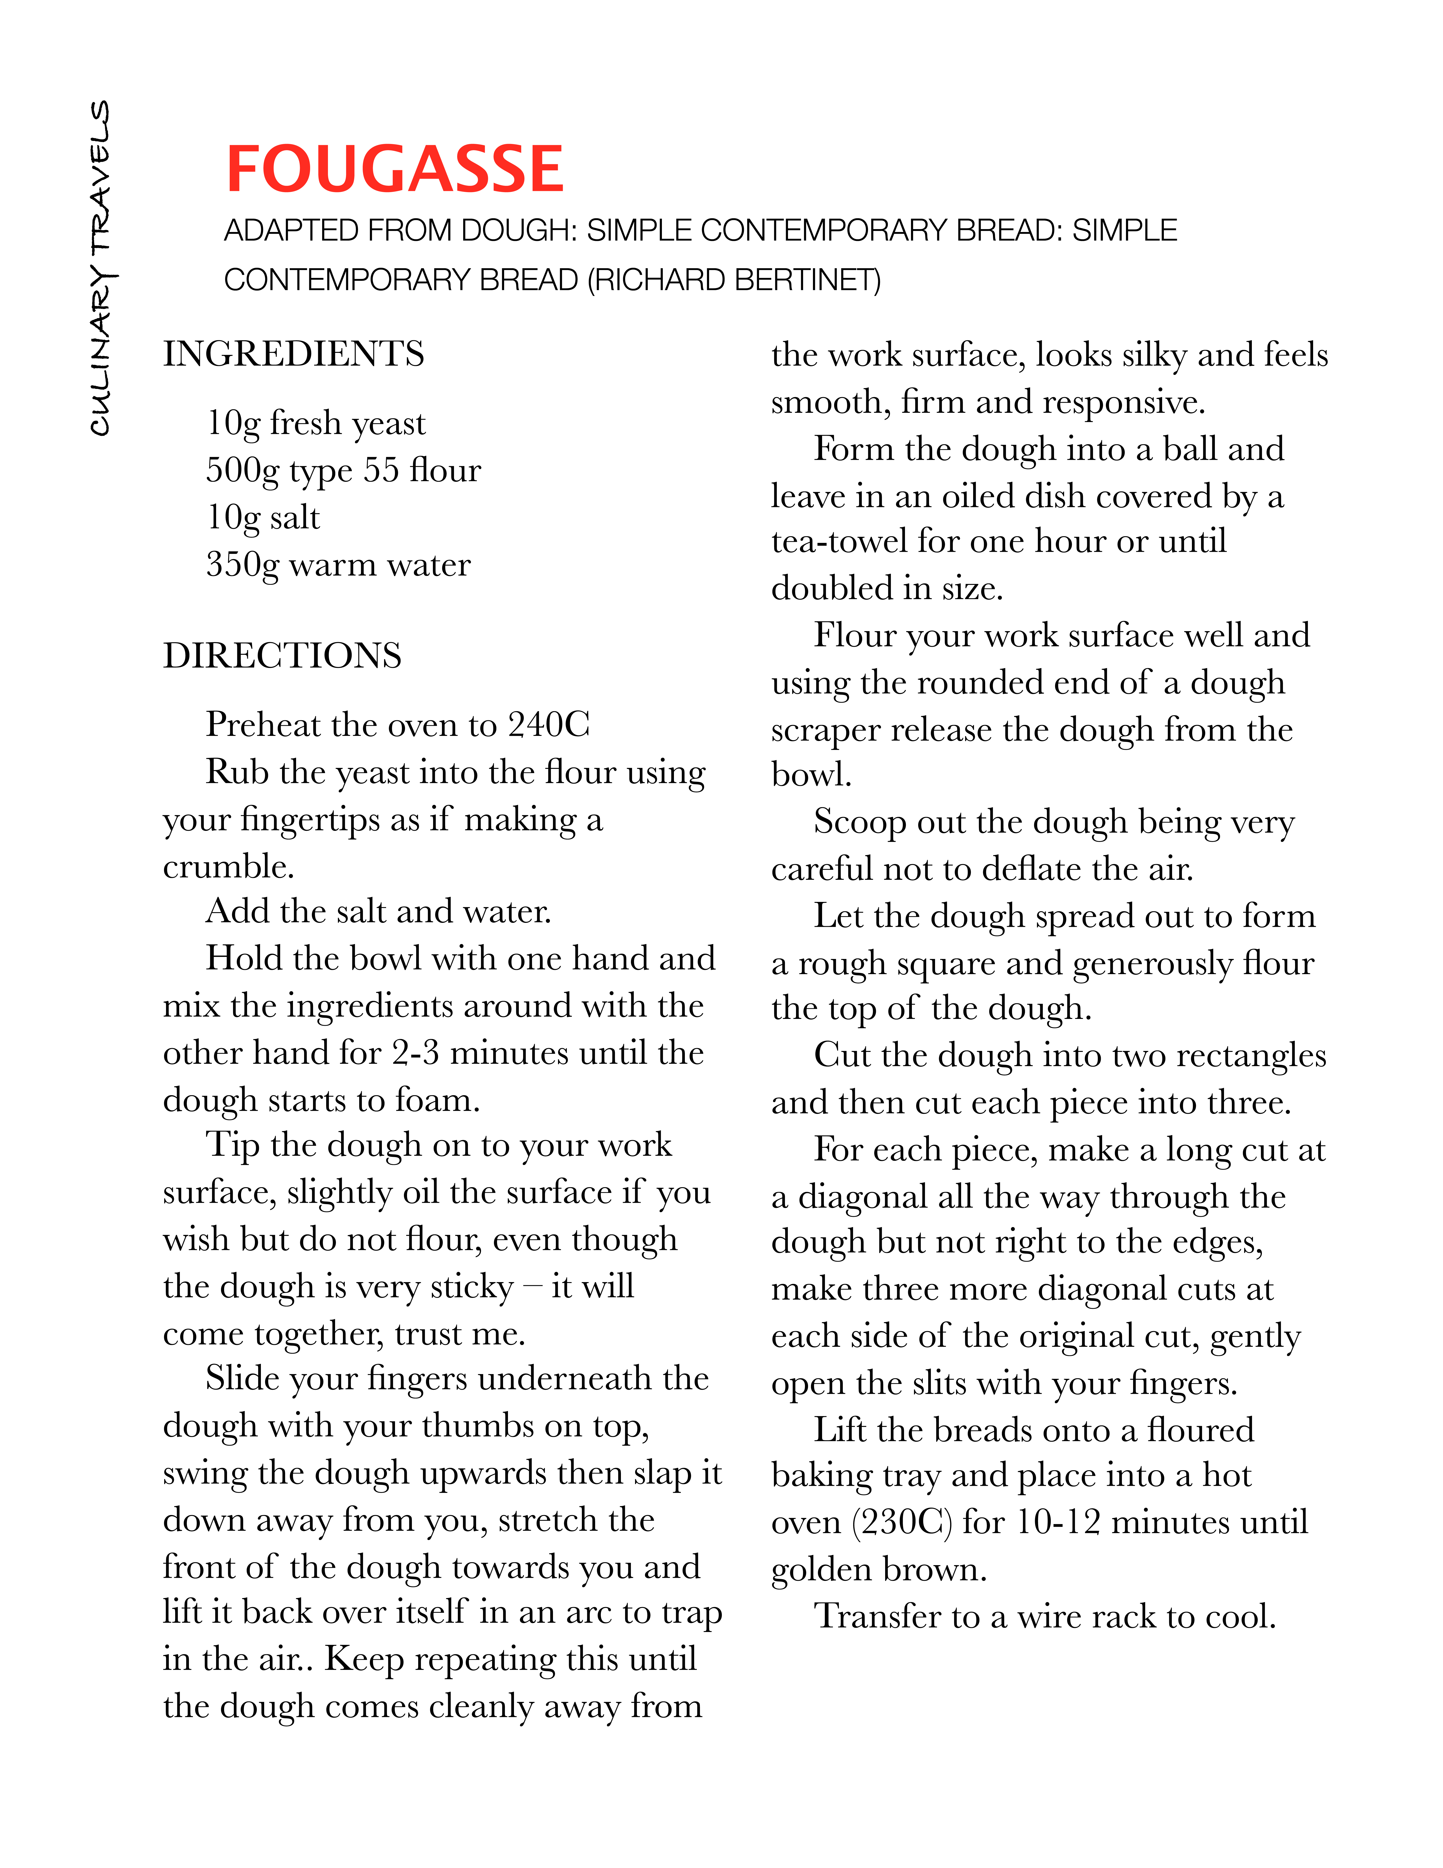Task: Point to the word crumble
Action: click(x=228, y=866)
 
